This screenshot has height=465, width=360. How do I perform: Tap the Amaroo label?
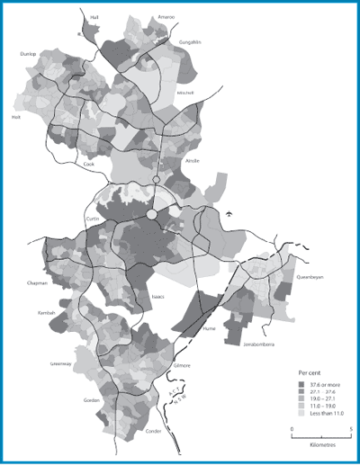(x=166, y=16)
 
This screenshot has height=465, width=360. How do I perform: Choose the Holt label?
(x=14, y=116)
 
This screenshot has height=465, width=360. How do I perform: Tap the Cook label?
(x=88, y=165)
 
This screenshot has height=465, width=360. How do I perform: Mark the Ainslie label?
(x=191, y=161)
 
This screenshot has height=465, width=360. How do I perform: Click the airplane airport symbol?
(x=229, y=213)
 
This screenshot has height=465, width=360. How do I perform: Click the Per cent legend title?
(x=310, y=371)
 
